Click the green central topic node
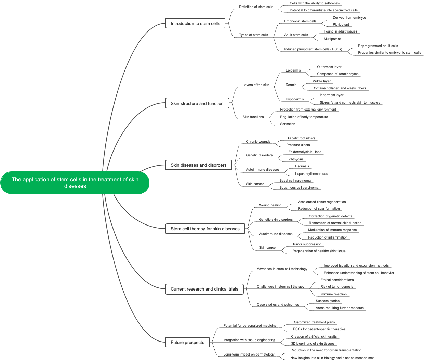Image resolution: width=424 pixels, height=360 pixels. (x=75, y=183)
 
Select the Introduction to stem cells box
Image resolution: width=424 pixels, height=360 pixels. (x=195, y=24)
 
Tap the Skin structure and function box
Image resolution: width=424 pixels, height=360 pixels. (x=197, y=103)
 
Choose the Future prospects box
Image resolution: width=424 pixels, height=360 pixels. (x=187, y=342)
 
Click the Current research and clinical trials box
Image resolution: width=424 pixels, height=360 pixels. (x=204, y=289)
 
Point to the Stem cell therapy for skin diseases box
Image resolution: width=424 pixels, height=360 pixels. (x=205, y=229)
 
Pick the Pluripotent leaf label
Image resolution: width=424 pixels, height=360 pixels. (x=341, y=25)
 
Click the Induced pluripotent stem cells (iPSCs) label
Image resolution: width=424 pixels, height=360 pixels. (x=313, y=49)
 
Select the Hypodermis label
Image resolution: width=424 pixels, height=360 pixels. (x=294, y=99)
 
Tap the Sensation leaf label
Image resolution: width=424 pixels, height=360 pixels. (x=288, y=124)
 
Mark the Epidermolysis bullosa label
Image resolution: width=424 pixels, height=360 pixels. (x=305, y=152)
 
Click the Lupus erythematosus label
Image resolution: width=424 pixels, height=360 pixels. (x=311, y=174)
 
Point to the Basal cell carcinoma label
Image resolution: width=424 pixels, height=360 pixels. (x=295, y=181)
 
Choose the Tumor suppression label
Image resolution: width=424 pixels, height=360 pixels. (x=307, y=244)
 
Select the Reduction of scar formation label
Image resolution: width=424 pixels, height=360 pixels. (x=319, y=209)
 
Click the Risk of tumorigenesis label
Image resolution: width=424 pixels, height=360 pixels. (x=336, y=287)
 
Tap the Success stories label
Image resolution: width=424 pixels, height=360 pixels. (x=328, y=301)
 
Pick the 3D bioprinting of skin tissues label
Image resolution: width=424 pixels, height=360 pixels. (x=313, y=344)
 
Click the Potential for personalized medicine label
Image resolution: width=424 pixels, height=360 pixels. (x=250, y=326)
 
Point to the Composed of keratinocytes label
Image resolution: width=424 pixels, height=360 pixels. (x=337, y=74)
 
